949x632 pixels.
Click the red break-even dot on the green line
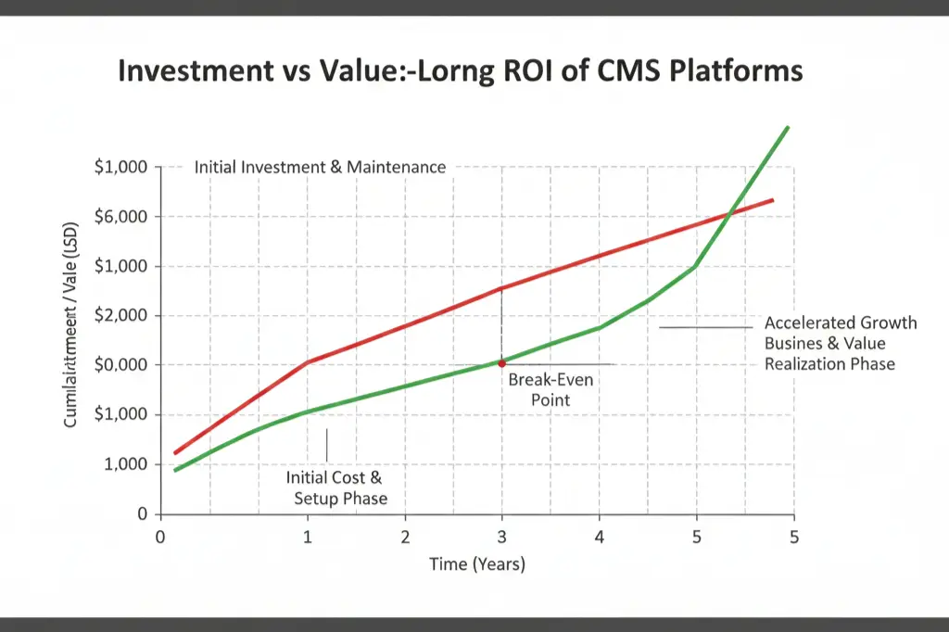point(501,363)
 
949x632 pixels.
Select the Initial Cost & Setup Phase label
point(335,488)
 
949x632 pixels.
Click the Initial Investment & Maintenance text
point(320,168)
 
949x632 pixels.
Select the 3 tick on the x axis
point(502,537)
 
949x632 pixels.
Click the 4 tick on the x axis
point(599,537)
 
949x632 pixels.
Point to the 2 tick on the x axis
point(405,537)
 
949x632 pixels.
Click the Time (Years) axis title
point(476,564)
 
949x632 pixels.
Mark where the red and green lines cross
point(729,215)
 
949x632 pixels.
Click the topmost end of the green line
point(788,127)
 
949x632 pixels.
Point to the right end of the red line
point(773,199)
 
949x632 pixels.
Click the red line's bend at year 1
point(309,361)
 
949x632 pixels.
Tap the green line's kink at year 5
point(695,266)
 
